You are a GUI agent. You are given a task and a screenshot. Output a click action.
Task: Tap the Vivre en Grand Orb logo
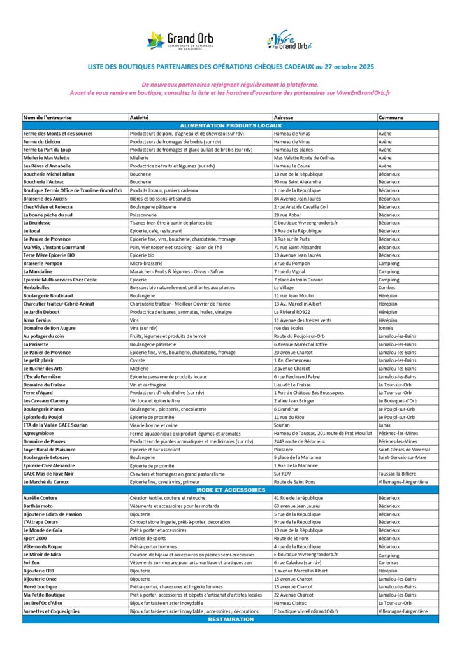(x=290, y=41)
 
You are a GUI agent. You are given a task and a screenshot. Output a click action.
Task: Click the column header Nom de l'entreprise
(x=48, y=118)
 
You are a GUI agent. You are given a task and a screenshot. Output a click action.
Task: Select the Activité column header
(x=140, y=118)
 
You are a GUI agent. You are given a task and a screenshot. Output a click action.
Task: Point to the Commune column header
(x=390, y=118)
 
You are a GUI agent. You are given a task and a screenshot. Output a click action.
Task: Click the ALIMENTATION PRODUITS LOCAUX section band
(x=231, y=125)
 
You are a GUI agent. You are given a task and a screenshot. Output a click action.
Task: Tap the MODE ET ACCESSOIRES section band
(x=231, y=490)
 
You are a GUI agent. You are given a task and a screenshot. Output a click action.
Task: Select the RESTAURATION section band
(x=231, y=619)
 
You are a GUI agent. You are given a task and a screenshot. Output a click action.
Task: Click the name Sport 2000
(x=38, y=538)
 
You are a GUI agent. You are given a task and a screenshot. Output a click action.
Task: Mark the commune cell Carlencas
(x=390, y=562)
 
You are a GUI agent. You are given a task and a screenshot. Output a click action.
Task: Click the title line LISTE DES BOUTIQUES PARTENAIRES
(x=231, y=66)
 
